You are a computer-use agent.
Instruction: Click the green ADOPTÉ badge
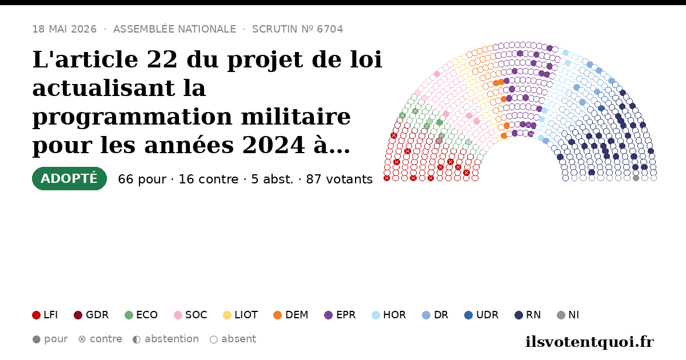click(x=69, y=178)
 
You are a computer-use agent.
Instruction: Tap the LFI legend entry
click(x=45, y=315)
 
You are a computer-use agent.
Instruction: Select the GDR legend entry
click(x=91, y=315)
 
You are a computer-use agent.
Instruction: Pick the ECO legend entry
click(x=141, y=315)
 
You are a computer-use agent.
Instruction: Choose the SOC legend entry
click(x=190, y=315)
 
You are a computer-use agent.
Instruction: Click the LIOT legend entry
click(x=241, y=315)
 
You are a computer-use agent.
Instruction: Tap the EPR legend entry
click(x=340, y=315)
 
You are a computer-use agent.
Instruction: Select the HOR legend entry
click(x=389, y=315)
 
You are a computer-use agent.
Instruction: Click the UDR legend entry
click(x=481, y=315)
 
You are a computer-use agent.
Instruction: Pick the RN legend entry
click(x=528, y=315)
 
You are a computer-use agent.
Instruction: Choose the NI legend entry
click(x=568, y=315)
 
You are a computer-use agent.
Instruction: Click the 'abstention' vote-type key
click(x=166, y=339)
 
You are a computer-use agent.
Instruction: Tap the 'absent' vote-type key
click(x=233, y=339)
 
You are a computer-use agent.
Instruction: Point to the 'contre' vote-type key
click(x=100, y=339)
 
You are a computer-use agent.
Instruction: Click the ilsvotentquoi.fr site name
click(x=589, y=342)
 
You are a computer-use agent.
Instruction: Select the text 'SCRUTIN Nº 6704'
click(x=297, y=29)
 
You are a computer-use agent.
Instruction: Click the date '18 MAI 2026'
click(x=64, y=29)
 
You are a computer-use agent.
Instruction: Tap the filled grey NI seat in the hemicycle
click(x=636, y=178)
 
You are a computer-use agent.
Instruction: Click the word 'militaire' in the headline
click(x=296, y=117)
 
